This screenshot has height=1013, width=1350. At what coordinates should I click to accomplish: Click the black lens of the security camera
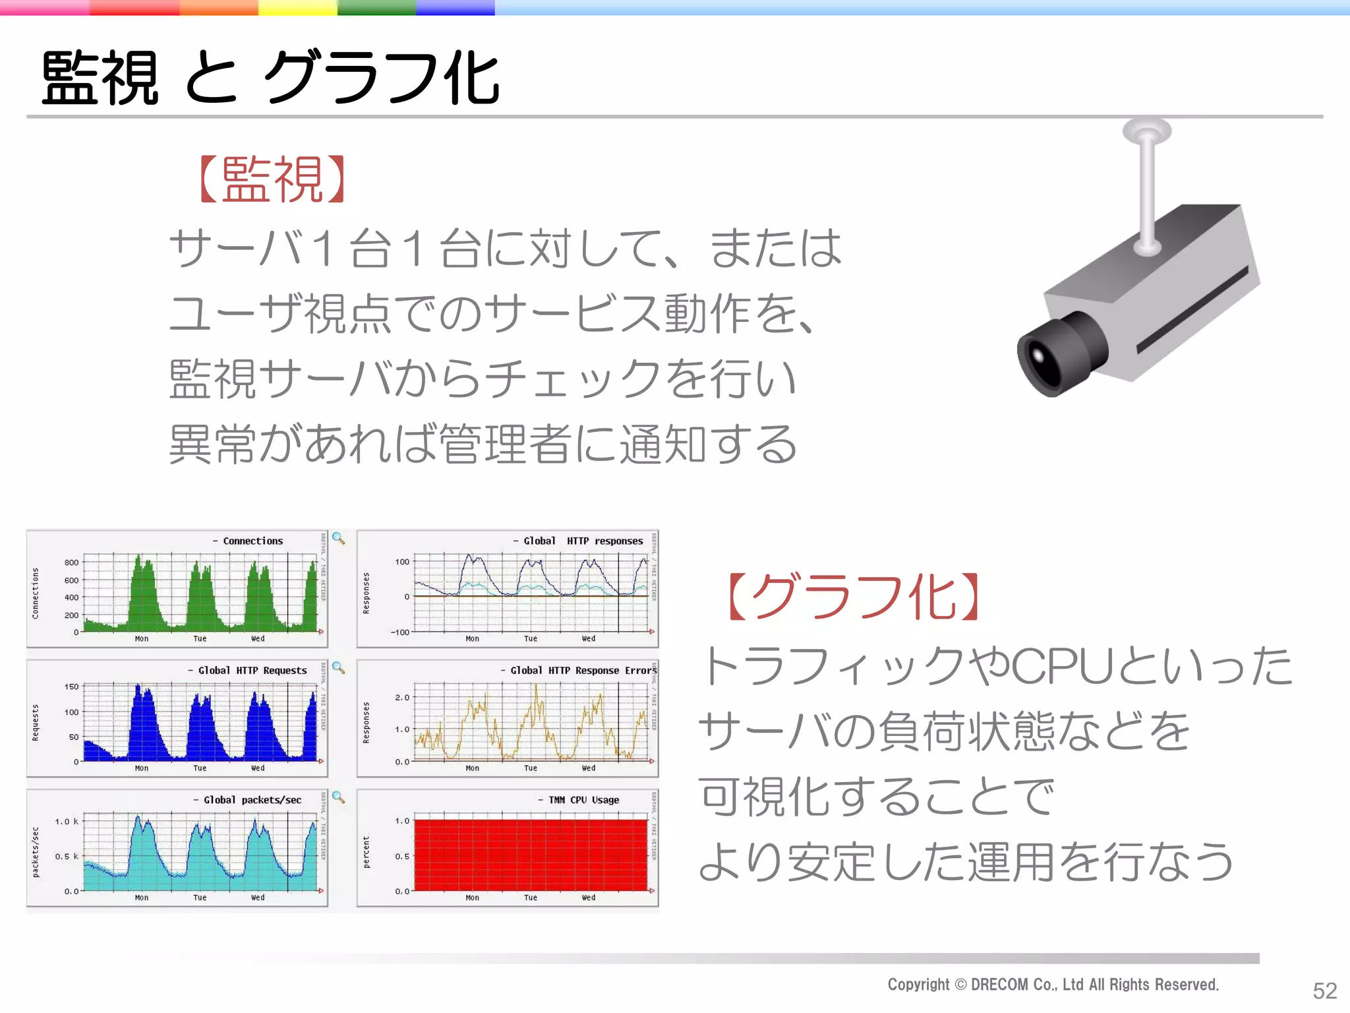(x=1045, y=359)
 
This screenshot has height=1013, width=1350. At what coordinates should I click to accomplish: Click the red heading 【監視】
(x=272, y=179)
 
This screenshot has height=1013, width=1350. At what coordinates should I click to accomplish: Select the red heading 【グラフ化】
(x=854, y=597)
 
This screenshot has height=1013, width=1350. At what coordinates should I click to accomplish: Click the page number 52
(x=1324, y=990)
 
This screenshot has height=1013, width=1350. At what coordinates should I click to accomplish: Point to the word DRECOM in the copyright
(x=999, y=985)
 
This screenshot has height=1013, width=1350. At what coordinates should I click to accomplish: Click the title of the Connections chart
(x=252, y=541)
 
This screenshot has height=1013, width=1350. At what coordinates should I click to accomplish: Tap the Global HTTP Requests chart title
(x=252, y=670)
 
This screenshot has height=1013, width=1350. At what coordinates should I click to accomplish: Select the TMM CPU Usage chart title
(x=583, y=800)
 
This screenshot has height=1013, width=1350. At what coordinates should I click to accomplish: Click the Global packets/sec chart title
(x=252, y=800)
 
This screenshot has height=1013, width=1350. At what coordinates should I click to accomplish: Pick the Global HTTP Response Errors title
(x=583, y=670)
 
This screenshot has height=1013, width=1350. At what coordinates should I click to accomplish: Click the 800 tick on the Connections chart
(x=71, y=563)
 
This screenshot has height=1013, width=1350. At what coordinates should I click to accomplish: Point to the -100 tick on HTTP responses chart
(x=400, y=632)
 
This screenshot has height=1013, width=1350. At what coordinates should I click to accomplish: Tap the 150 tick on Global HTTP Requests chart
(x=71, y=687)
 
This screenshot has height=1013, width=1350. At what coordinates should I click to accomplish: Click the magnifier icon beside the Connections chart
(x=338, y=538)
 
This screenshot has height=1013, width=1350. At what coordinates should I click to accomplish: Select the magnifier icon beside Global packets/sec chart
(x=338, y=797)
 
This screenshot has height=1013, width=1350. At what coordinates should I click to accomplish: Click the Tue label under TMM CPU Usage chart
(x=531, y=898)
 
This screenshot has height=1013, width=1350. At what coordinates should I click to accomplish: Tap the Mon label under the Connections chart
(x=142, y=638)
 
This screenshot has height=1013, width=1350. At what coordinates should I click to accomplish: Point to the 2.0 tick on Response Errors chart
(x=402, y=697)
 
